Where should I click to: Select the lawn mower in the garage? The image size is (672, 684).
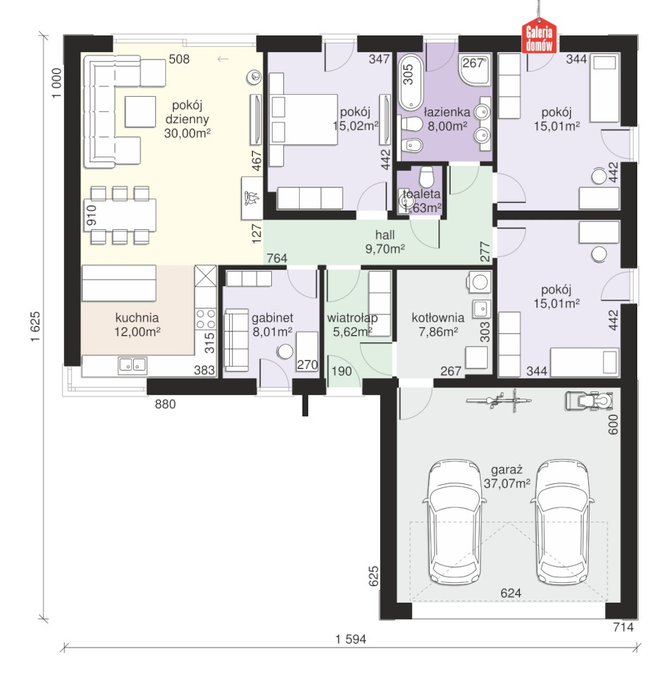click(x=589, y=401)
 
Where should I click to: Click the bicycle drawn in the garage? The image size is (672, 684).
click(x=499, y=400)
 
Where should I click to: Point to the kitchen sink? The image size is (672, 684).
click(x=132, y=365)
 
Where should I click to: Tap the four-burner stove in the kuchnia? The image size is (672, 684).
click(x=206, y=318)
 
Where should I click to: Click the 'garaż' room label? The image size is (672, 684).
click(x=507, y=470)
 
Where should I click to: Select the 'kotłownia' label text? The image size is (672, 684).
click(x=438, y=317)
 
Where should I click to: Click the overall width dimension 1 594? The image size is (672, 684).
click(x=351, y=639)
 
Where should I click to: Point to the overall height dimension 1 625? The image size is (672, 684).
click(x=35, y=327)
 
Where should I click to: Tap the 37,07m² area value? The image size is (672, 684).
click(x=507, y=483)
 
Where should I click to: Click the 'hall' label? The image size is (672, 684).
click(x=385, y=235)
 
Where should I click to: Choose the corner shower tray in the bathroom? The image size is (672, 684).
click(x=476, y=69)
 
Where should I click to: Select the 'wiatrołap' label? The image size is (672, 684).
click(x=352, y=318)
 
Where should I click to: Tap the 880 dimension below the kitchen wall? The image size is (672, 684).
click(x=165, y=404)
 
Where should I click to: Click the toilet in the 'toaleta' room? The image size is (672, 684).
click(x=426, y=177)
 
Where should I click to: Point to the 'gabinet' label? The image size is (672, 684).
click(x=273, y=317)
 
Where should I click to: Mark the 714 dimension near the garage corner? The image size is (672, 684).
click(x=623, y=627)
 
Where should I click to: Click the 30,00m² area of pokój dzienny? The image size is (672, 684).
click(x=187, y=133)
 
